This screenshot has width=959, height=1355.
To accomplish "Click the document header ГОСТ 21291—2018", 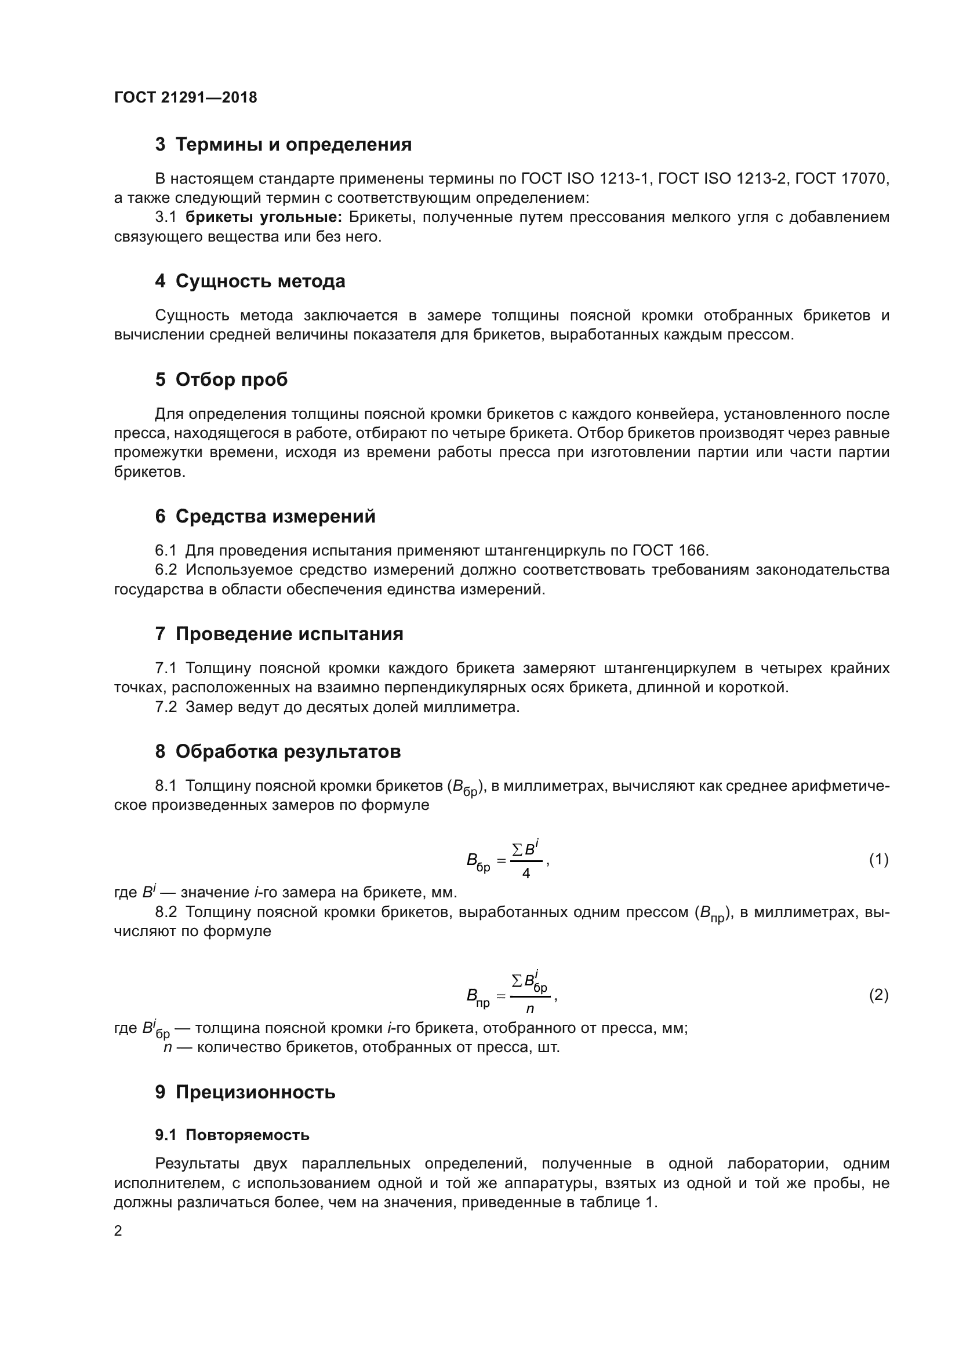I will click(x=186, y=97).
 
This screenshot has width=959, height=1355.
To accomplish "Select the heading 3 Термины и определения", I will click(x=283, y=145).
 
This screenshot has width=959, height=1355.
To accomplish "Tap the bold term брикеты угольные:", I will click(x=263, y=217).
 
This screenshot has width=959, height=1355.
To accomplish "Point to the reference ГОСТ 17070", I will click(x=841, y=178).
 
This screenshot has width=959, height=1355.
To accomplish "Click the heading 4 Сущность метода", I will click(x=250, y=282).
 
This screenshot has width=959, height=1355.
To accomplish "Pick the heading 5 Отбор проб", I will click(x=221, y=379).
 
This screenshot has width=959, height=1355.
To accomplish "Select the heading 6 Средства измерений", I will click(x=265, y=516).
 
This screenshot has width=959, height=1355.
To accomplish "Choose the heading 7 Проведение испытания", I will click(x=279, y=634).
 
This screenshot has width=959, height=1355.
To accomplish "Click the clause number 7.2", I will click(x=166, y=707).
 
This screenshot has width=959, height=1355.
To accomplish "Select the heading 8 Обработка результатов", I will click(x=278, y=751).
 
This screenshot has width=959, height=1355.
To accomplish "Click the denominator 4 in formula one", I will click(x=525, y=874).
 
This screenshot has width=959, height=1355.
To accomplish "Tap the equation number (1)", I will click(x=878, y=860).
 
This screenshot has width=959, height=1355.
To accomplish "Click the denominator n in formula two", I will click(x=530, y=1009).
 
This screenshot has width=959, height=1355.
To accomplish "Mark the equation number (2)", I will click(x=878, y=996).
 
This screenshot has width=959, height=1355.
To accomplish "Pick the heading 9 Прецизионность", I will click(x=245, y=1093).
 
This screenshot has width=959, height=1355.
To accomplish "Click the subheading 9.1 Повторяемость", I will click(x=232, y=1135).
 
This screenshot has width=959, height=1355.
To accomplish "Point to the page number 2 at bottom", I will click(x=118, y=1231).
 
